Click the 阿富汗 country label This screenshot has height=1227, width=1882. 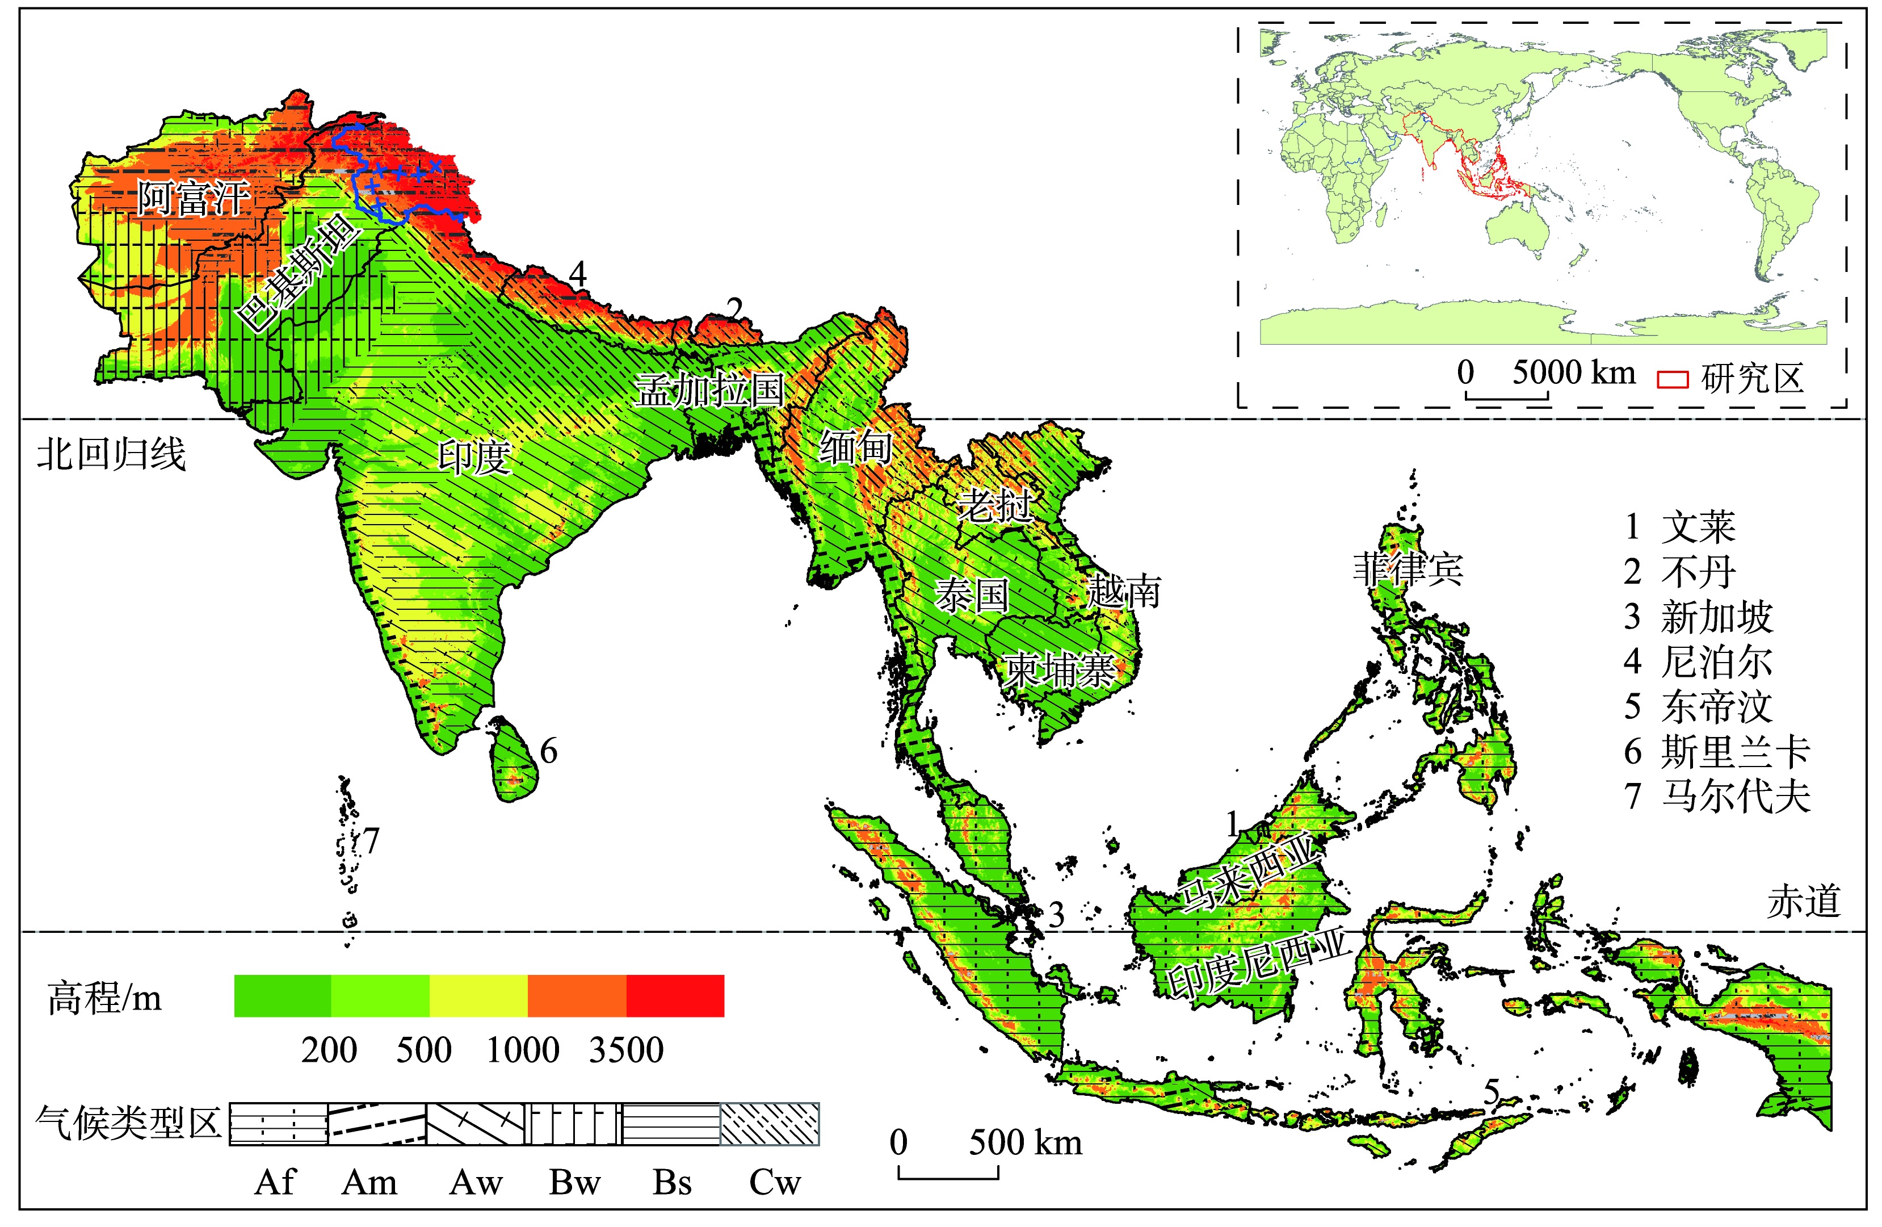tap(193, 198)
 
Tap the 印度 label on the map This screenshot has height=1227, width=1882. tap(474, 457)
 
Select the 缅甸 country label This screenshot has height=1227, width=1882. tap(856, 448)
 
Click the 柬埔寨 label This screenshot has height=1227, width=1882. tap(1060, 672)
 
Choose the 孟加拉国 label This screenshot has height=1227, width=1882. tap(710, 390)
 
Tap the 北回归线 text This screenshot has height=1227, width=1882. tap(111, 455)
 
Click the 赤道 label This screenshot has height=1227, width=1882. tap(1804, 902)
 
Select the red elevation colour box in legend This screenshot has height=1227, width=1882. tap(674, 995)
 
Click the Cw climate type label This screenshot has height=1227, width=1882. tap(775, 1183)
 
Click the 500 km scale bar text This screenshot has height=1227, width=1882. tap(1026, 1142)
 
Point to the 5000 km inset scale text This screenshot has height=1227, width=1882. tap(1574, 372)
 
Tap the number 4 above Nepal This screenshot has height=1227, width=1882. tap(578, 274)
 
